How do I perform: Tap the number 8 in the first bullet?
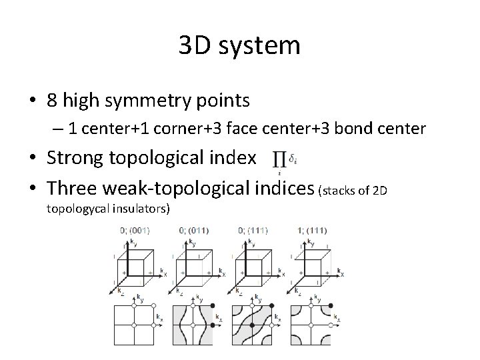(x=55, y=101)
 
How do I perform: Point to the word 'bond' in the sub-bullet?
(x=360, y=128)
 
